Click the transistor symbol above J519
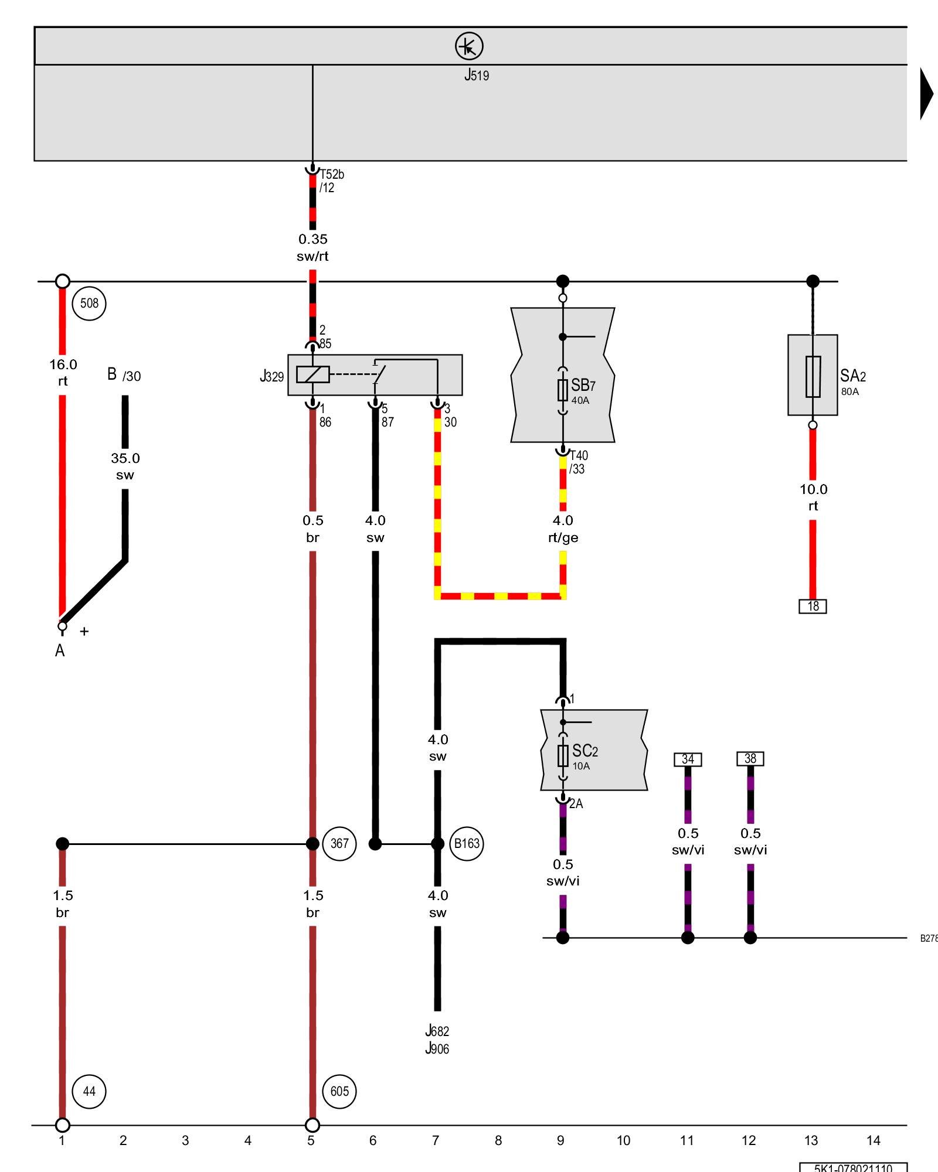[469, 46]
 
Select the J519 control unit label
[477, 75]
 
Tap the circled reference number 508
[89, 304]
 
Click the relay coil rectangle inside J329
[312, 374]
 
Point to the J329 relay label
[272, 376]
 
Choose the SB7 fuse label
[583, 386]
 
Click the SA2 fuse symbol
[813, 376]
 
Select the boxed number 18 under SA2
[813, 606]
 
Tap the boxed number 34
[688, 759]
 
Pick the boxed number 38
[750, 759]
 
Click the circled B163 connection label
[467, 844]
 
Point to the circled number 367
[339, 844]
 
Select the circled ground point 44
[89, 1091]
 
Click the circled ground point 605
[339, 1091]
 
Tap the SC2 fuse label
[584, 751]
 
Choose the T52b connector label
[332, 175]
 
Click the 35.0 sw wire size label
[125, 466]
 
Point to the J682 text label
[437, 1031]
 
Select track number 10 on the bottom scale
[623, 1140]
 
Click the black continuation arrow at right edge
[926, 94]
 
